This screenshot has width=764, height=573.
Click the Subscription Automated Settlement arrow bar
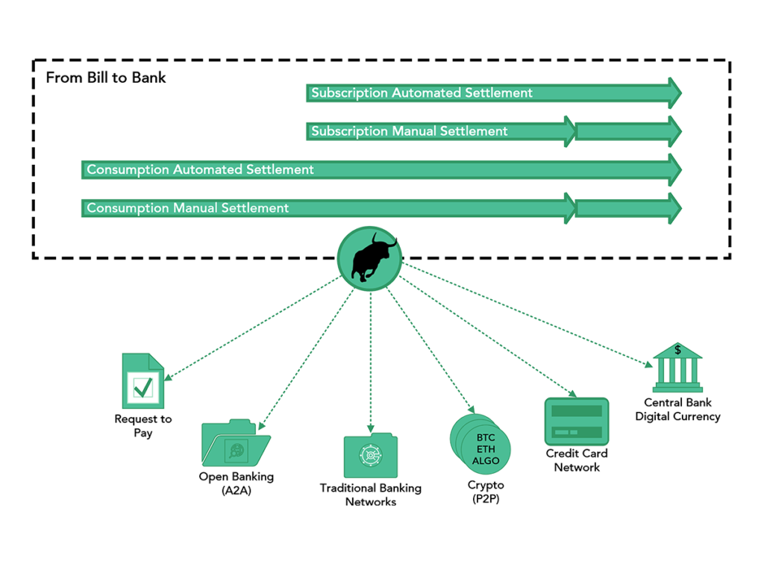(x=492, y=93)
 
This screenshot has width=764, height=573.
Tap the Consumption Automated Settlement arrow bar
(x=381, y=170)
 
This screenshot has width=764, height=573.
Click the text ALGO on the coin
(x=486, y=461)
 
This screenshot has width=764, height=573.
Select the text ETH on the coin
(x=485, y=449)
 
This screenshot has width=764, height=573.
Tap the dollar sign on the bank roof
(x=677, y=349)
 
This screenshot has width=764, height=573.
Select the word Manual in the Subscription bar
(x=414, y=131)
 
